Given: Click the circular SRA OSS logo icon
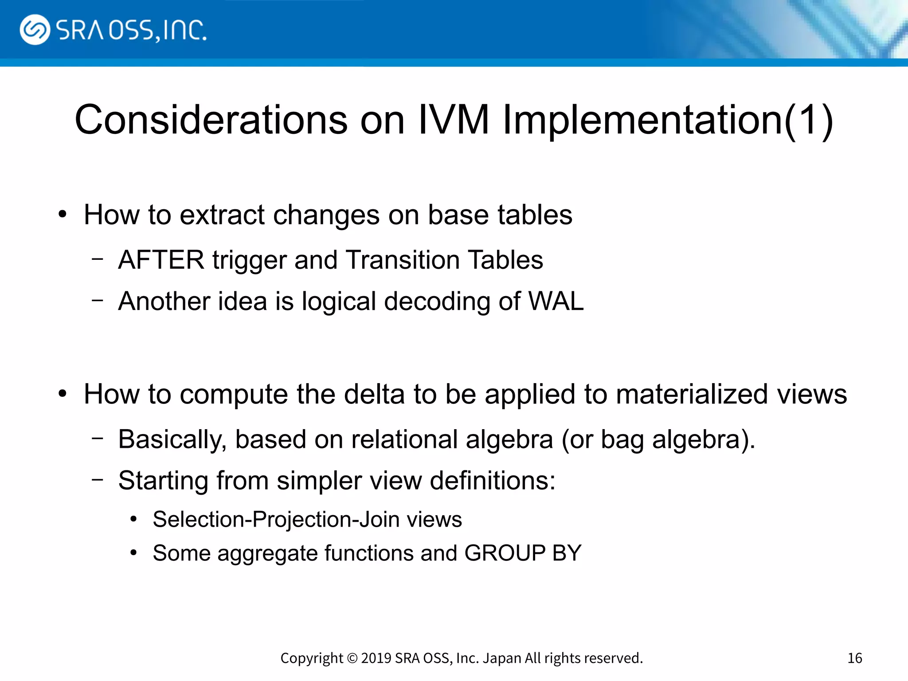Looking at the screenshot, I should coord(35,30).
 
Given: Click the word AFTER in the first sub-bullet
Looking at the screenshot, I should coord(161,260).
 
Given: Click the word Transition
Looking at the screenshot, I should coord(403,260).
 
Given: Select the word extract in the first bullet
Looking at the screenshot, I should coord(222,215).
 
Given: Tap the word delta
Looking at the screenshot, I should coord(374,394).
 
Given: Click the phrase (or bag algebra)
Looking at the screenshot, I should coord(658,439).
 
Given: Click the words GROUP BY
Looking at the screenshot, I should coord(523,553).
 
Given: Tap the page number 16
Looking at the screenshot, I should coord(854,658).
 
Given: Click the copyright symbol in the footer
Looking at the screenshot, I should coord(352,658).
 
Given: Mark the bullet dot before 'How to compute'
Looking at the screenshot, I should coord(63,394).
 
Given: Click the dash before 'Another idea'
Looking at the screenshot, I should coord(98,300).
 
